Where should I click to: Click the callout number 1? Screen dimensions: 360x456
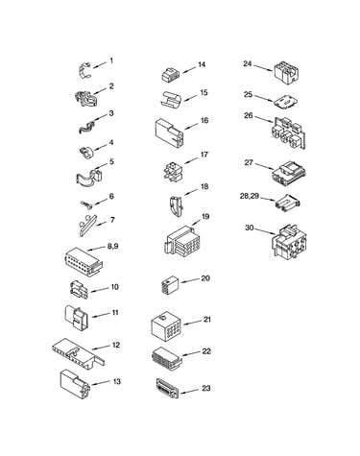click(111, 60)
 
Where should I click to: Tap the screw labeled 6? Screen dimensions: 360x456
click(86, 204)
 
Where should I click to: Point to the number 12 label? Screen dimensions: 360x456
click(116, 345)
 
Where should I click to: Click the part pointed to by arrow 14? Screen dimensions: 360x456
click(170, 75)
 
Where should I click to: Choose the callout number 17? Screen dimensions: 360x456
click(204, 155)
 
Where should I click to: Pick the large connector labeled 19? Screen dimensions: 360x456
click(180, 241)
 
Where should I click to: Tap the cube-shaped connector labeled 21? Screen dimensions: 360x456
click(165, 327)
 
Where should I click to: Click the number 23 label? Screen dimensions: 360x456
click(206, 388)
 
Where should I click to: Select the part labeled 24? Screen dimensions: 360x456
click(286, 73)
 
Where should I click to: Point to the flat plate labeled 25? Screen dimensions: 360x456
click(285, 102)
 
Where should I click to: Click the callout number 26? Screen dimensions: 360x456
click(249, 115)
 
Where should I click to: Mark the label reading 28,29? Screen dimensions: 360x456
click(250, 196)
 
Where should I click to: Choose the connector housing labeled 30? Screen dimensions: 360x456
click(289, 242)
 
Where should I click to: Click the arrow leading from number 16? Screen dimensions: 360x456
click(192, 125)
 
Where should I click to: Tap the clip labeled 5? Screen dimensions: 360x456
click(89, 177)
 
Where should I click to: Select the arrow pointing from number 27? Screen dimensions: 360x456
click(264, 166)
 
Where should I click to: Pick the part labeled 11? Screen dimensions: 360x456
click(77, 317)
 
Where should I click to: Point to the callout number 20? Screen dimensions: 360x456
click(205, 278)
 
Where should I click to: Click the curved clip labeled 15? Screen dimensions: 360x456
click(171, 99)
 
